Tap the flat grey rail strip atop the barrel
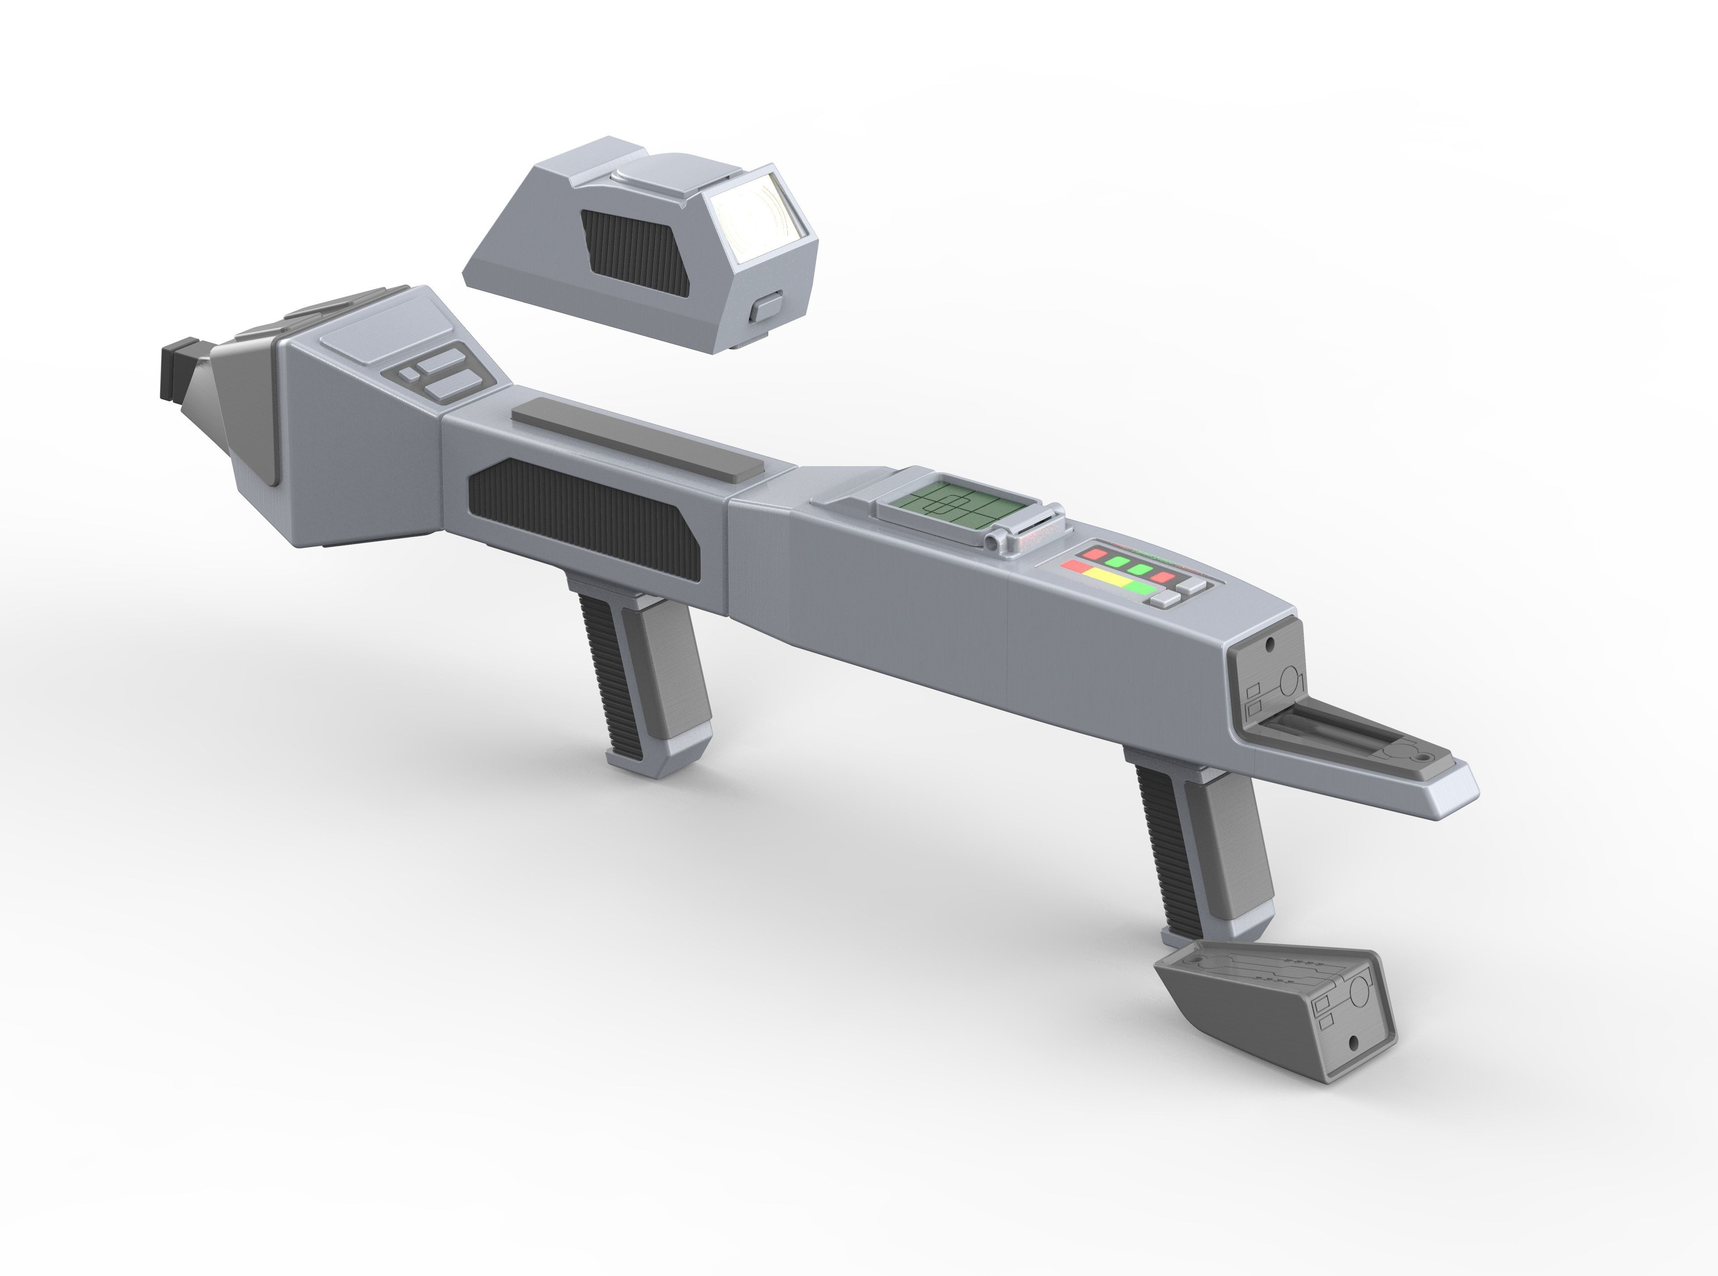[637, 436]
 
